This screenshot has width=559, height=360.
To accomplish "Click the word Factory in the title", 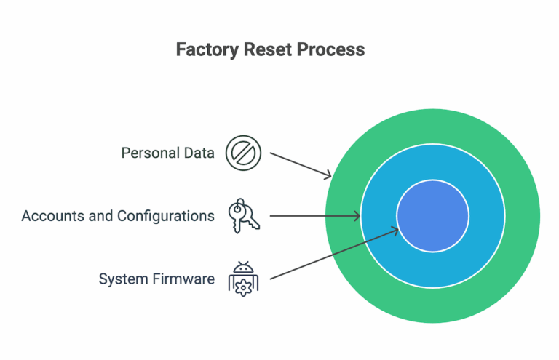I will tap(205, 50).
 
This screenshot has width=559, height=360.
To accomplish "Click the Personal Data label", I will tap(167, 153).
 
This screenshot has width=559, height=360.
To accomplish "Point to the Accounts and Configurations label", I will tap(118, 216).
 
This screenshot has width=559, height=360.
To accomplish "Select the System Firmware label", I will tap(156, 279).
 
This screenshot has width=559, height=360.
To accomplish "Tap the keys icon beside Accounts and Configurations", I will tap(242, 216).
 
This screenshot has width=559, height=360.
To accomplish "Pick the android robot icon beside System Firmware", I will tap(243, 278).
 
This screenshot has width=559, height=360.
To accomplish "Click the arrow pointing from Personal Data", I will tap(300, 164).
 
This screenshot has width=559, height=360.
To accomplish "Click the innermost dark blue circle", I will tap(432, 216).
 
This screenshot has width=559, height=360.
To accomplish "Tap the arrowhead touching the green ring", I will tap(328, 175).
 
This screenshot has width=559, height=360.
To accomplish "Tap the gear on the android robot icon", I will tap(243, 285).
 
